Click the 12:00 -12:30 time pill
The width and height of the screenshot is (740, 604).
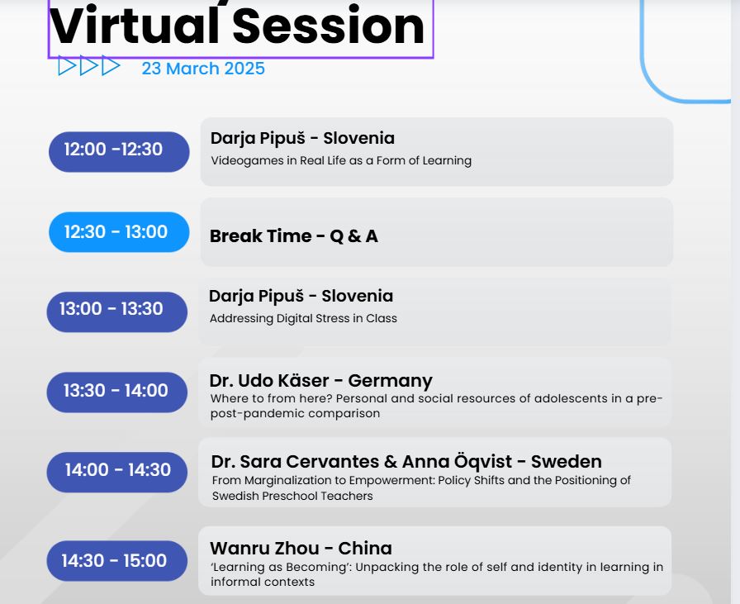119,151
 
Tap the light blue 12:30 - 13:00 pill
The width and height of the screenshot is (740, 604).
119,232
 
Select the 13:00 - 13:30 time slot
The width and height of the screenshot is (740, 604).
116,312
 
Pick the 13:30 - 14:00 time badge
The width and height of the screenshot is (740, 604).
116,392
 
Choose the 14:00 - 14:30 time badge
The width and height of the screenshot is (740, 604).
116,473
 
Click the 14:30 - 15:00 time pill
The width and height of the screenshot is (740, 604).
116,560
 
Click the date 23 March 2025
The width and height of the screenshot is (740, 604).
203,69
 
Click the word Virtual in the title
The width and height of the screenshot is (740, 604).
134,26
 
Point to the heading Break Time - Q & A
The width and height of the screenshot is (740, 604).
293,235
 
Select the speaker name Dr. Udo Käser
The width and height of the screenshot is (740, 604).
269,380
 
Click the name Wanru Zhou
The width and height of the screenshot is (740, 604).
264,549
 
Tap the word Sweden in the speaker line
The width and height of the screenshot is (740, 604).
567,461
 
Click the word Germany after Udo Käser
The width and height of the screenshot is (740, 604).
391,381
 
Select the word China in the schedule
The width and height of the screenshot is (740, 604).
365,549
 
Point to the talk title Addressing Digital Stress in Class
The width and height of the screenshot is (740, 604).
303,318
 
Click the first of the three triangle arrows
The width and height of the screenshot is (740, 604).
67,65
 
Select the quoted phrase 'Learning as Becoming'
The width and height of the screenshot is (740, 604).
281,567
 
